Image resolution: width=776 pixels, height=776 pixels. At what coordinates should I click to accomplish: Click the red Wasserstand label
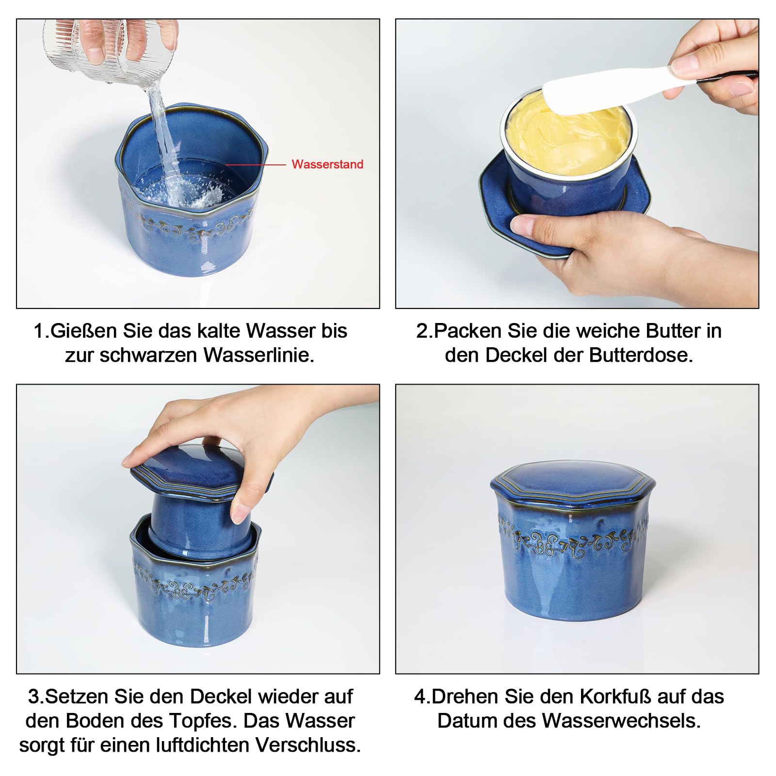tap(327, 164)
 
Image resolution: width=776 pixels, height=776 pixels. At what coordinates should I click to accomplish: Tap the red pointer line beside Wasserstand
tap(256, 165)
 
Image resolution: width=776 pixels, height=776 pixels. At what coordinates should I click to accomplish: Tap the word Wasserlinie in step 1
tap(259, 355)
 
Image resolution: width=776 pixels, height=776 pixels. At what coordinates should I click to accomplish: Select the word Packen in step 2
tap(468, 331)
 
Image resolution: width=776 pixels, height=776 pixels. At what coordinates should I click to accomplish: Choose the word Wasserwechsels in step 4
tap(621, 721)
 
